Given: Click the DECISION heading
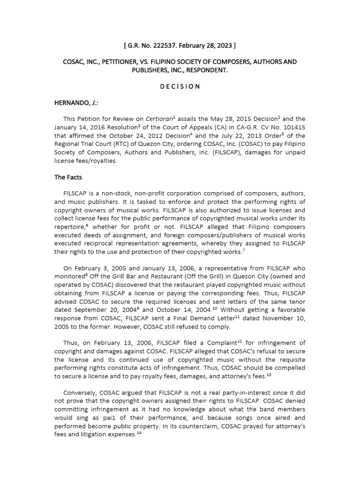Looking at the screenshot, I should click(180, 87).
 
